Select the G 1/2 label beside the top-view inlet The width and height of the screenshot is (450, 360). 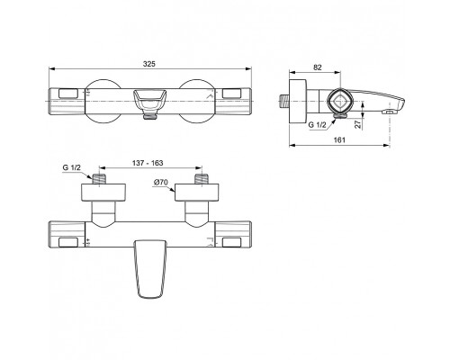tap(70, 166)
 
